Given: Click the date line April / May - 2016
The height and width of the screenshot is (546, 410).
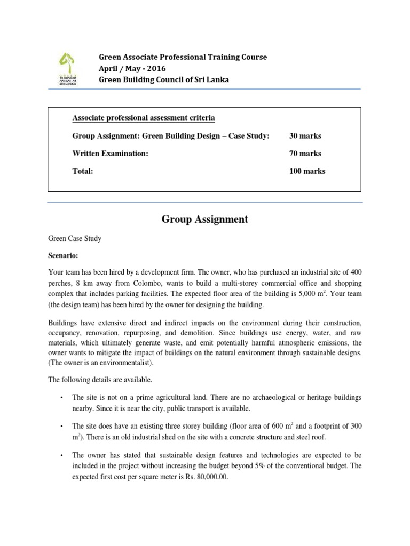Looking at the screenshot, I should [x=132, y=68].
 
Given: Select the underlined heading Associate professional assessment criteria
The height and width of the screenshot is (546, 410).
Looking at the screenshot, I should [x=144, y=118].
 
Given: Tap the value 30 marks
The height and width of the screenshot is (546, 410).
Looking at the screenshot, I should [x=305, y=136].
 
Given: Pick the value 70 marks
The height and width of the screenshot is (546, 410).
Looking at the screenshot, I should [x=305, y=154].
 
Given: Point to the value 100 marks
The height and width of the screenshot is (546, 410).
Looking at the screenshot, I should [x=307, y=171].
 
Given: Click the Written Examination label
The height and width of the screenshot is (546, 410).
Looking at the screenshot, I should [x=110, y=154].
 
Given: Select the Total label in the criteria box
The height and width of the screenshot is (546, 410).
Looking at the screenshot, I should [x=83, y=171].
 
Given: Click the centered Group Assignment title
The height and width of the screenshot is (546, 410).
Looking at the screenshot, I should [x=204, y=219].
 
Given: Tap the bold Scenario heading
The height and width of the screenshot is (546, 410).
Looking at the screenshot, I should [x=63, y=255].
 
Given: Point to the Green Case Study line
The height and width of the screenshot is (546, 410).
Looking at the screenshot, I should [x=75, y=238].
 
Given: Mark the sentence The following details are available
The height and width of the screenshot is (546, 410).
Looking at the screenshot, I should [x=100, y=380].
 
